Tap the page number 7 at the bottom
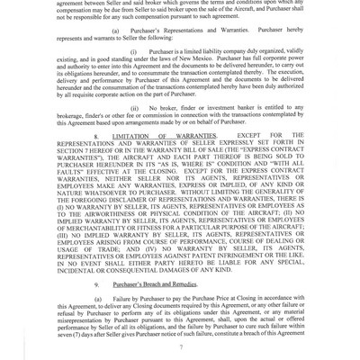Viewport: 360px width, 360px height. tap(180, 345)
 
